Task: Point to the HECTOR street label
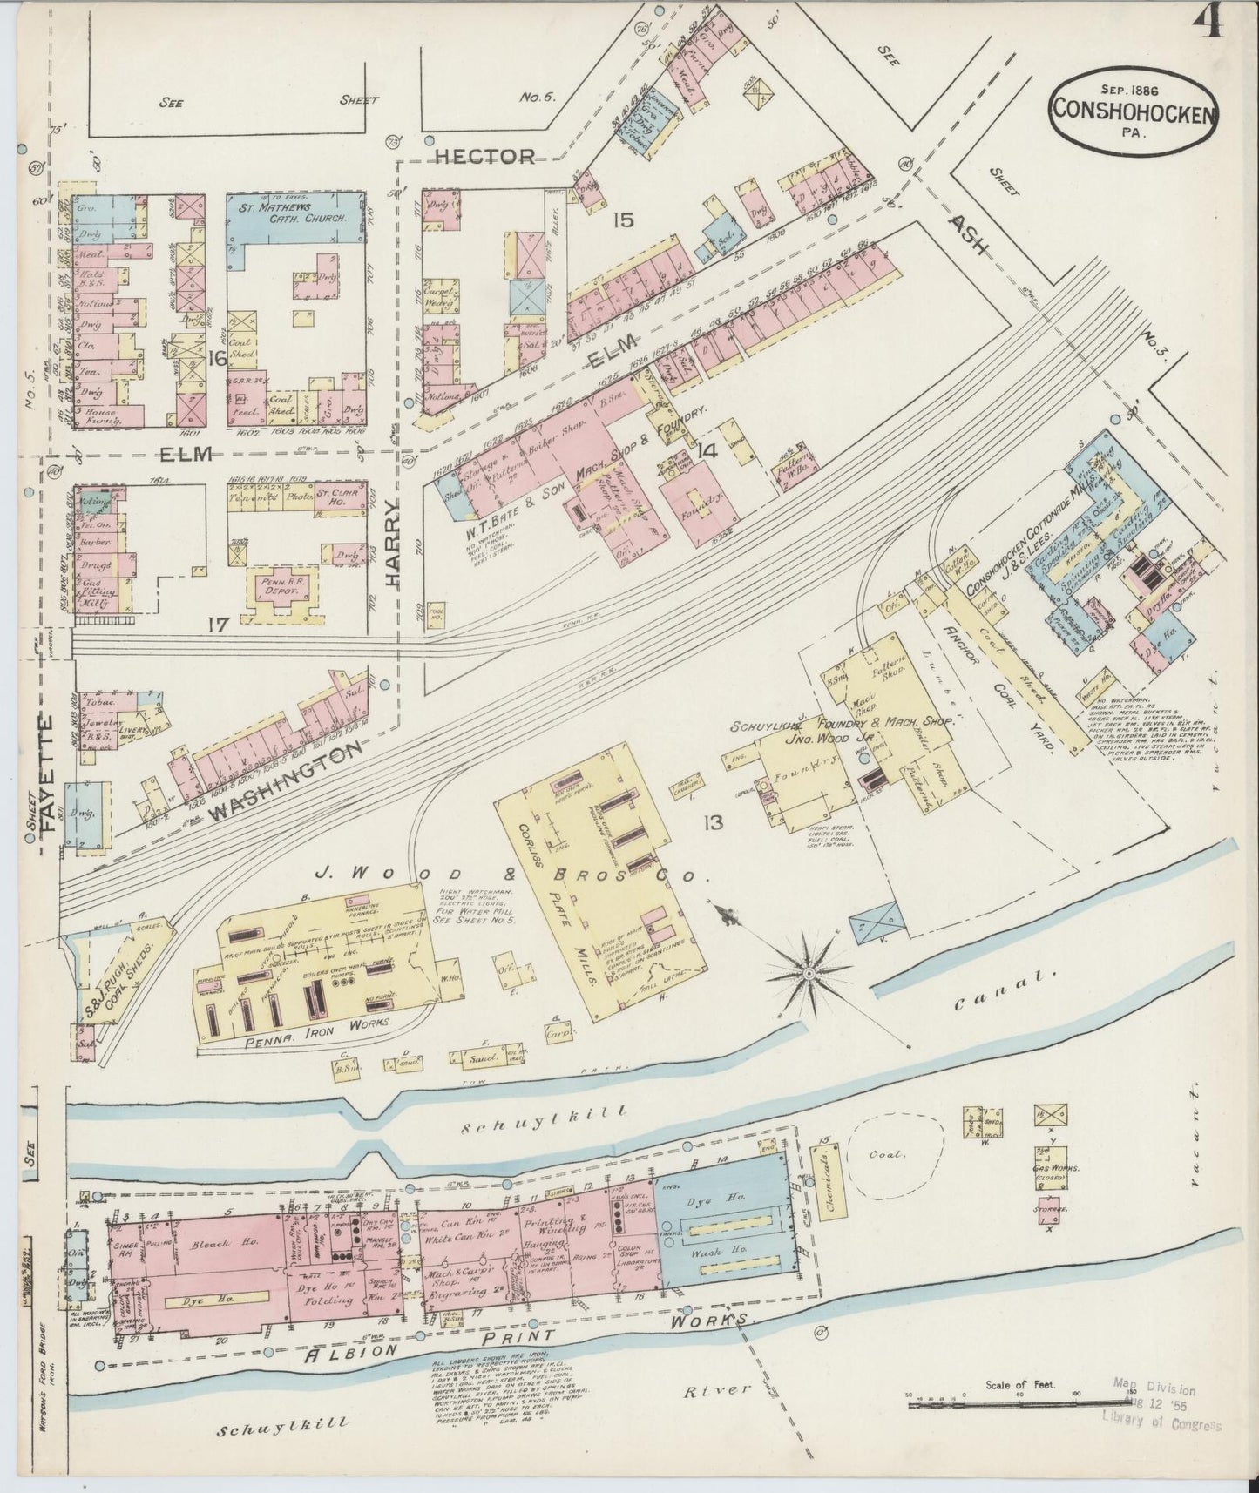coord(484,156)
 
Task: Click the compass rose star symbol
coord(809,971)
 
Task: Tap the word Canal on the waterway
coord(993,992)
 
